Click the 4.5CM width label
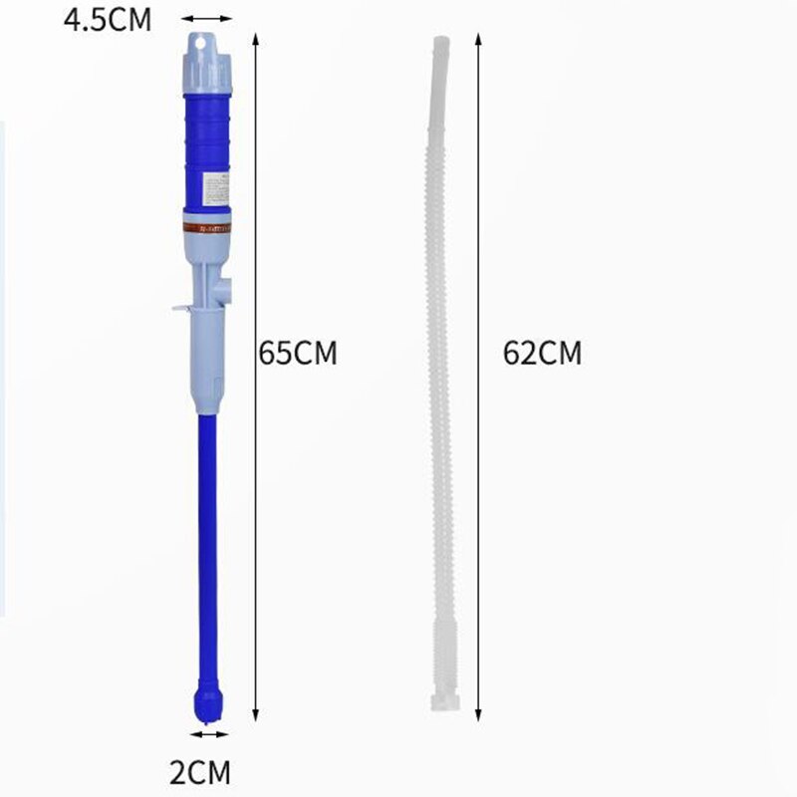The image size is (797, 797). click(108, 19)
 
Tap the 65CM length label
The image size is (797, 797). click(298, 354)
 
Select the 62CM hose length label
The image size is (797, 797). click(542, 354)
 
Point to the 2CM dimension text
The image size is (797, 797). click(202, 772)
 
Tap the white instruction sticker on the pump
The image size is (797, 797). click(216, 190)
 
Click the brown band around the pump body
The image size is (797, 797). click(208, 226)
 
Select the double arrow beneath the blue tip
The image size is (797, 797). click(209, 735)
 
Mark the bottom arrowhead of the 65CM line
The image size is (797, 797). click(256, 713)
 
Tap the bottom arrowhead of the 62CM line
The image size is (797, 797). click(478, 713)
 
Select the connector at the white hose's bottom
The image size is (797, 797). click(443, 697)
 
